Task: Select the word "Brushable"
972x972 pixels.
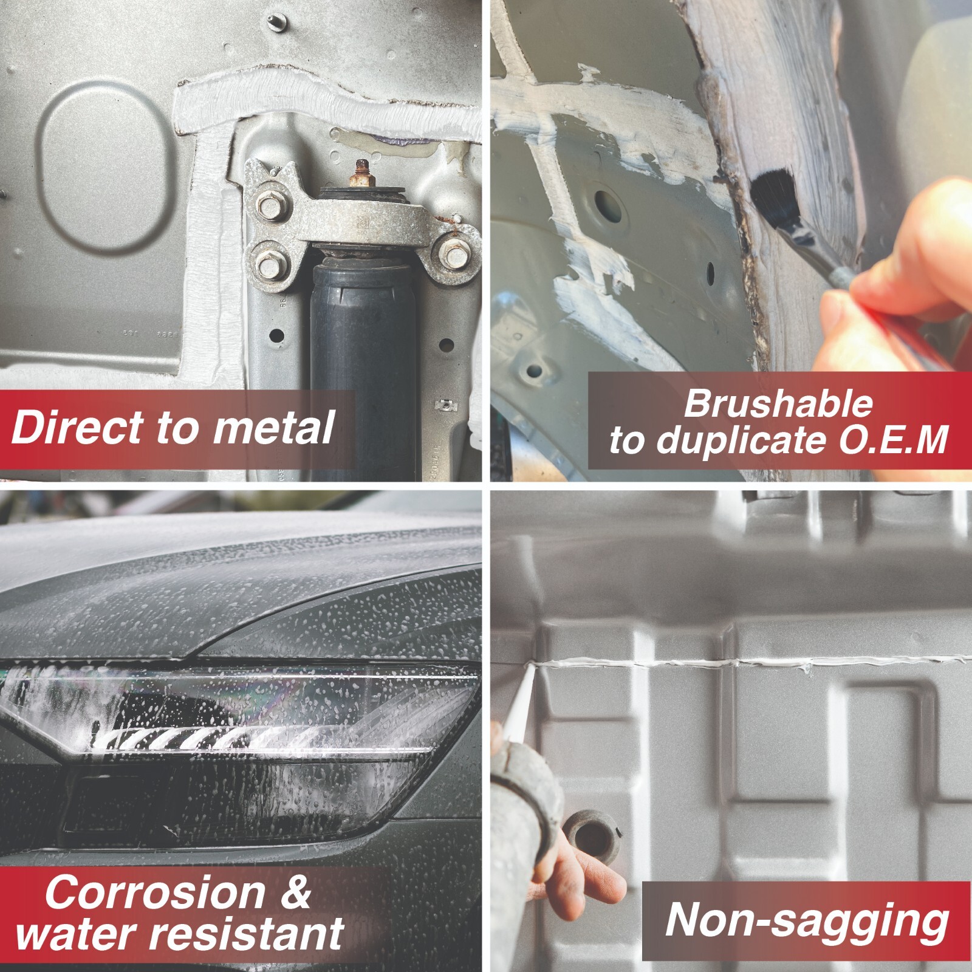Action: click(778, 404)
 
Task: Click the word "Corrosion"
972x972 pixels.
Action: click(154, 892)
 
